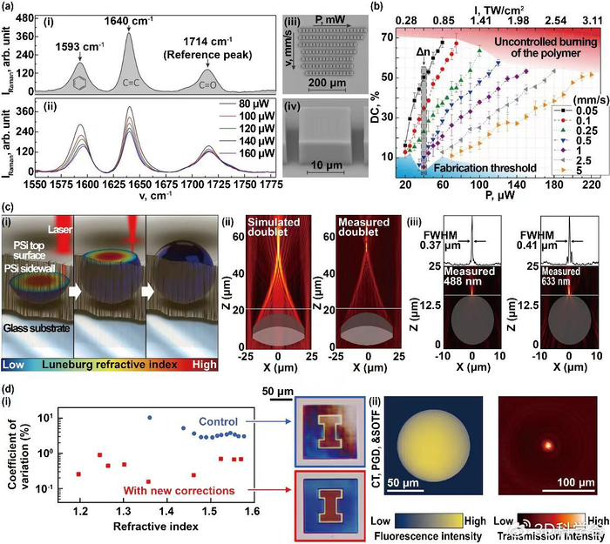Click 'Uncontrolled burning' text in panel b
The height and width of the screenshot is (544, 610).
pyautogui.click(x=544, y=43)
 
